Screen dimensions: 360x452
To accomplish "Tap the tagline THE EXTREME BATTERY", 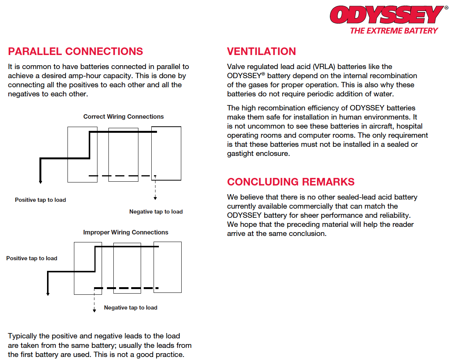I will tap(394, 31).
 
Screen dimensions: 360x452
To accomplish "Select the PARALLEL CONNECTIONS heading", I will tap(75, 52).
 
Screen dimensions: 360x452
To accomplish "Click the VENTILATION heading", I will tap(261, 52).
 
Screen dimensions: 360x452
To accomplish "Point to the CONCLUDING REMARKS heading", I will tap(290, 182).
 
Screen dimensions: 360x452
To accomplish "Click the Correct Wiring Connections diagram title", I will tap(124, 117).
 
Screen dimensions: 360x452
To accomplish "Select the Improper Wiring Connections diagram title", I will tap(126, 233).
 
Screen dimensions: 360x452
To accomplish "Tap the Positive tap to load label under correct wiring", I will tap(40, 200).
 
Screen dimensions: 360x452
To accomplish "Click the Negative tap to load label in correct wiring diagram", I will tap(156, 212).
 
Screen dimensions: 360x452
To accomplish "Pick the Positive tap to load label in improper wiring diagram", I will tap(31, 258).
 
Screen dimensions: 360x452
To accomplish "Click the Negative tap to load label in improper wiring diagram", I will tap(130, 308).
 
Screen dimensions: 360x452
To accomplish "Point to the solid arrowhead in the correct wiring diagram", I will tap(41, 182).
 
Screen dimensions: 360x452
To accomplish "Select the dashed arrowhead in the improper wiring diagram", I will tap(94, 310).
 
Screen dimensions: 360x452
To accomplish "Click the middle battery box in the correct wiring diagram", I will tap(123, 155).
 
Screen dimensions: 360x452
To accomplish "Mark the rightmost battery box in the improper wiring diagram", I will tap(167, 267).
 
